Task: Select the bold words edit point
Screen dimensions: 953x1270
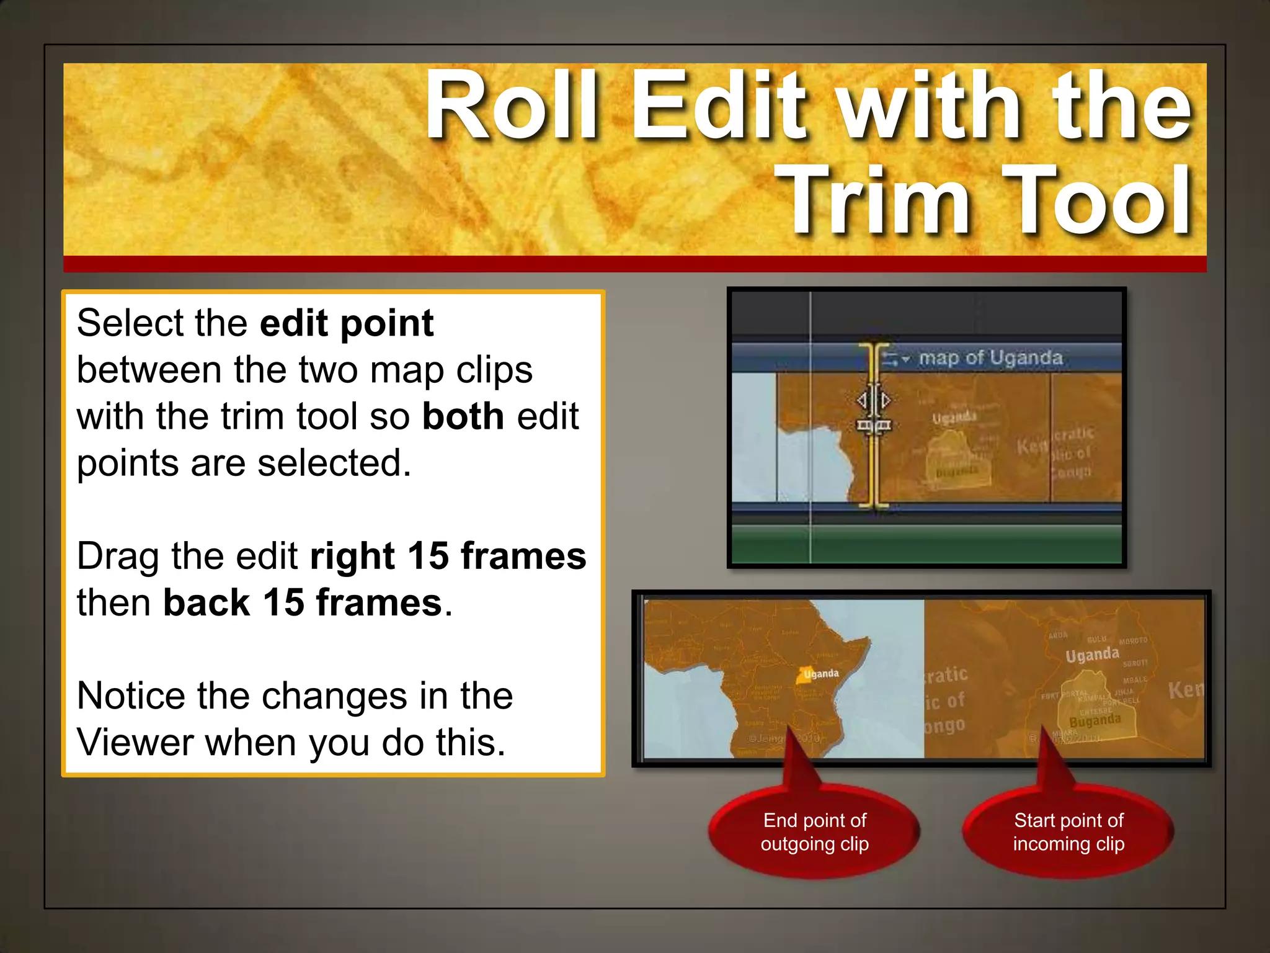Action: (346, 323)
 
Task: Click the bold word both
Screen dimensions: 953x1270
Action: (463, 416)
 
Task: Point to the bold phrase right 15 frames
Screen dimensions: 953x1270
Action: (448, 556)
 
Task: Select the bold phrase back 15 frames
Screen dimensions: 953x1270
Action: (303, 603)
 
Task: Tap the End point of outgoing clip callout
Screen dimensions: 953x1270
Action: (814, 832)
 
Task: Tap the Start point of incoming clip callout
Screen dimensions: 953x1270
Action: (1068, 832)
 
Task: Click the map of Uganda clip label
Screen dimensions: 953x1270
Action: (990, 358)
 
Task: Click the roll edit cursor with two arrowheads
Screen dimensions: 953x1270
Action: (874, 401)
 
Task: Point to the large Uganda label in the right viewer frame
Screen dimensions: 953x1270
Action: (1092, 655)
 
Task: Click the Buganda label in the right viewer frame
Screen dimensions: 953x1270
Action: (1095, 720)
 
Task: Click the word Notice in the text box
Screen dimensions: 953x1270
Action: (131, 696)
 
